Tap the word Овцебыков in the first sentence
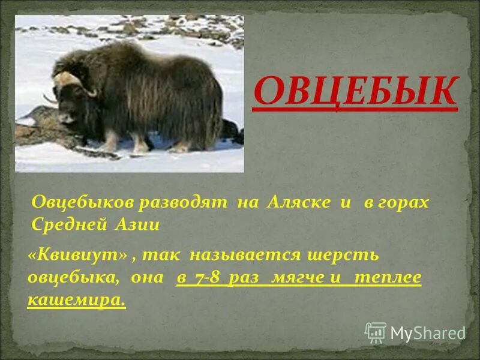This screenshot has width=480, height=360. click(83, 202)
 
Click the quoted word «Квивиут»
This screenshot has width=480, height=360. click(77, 255)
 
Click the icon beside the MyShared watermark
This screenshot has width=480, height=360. click(376, 332)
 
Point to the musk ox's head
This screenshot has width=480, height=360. click(70, 99)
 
